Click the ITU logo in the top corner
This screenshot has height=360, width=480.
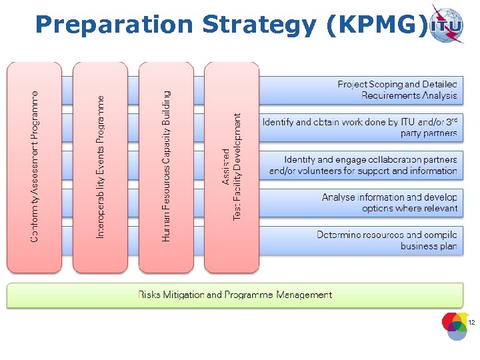(x=447, y=24)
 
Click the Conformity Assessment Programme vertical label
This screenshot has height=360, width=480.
(x=35, y=167)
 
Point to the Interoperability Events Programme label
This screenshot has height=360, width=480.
(x=101, y=167)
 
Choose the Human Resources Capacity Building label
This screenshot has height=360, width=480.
(x=166, y=167)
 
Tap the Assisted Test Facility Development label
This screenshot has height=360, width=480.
(x=232, y=167)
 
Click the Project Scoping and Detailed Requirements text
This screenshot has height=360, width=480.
(x=397, y=90)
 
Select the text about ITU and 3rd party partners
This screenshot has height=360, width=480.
(x=360, y=127)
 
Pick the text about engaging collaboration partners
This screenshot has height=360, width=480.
(x=364, y=165)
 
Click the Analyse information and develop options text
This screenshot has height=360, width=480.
(x=390, y=203)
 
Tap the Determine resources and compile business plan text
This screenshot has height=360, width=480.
(x=387, y=241)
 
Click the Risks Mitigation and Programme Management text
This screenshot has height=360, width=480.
(x=235, y=295)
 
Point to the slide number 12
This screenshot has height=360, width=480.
(x=471, y=323)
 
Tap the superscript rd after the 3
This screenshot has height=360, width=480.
(x=453, y=119)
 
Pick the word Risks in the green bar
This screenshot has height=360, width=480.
(x=149, y=295)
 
